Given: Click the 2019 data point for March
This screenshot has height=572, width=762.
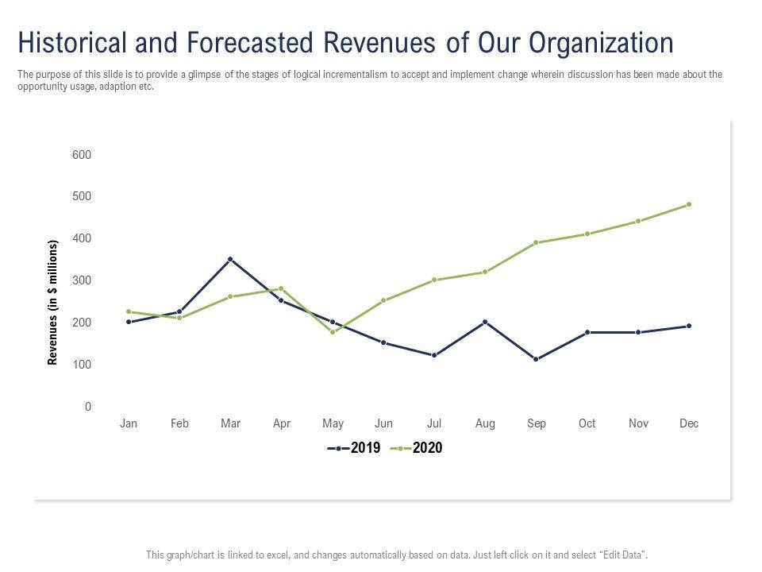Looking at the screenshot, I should (230, 259).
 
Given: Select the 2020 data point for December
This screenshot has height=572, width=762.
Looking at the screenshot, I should (689, 204).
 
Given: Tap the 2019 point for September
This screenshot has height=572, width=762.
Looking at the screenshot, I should (537, 359).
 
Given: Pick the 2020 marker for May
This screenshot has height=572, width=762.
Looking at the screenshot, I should (333, 332).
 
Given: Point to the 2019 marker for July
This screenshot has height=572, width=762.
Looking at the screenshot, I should (434, 355).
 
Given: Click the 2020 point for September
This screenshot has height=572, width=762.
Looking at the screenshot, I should (537, 242).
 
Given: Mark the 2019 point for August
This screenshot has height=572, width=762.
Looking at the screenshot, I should (485, 322).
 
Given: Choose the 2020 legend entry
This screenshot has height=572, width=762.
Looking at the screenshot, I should (418, 448).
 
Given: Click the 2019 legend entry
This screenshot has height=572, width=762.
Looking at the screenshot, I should (355, 448).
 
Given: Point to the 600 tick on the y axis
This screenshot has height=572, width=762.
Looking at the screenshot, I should (82, 155).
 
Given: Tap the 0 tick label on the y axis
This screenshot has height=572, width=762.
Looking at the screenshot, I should (88, 407).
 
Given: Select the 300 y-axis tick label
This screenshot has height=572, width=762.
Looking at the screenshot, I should (82, 280).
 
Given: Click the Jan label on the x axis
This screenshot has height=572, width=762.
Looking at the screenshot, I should (129, 423).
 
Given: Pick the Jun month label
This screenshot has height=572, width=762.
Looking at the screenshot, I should (383, 423).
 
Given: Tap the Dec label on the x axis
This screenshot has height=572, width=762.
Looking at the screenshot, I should (689, 423).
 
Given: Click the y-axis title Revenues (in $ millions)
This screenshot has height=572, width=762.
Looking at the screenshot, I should (53, 302).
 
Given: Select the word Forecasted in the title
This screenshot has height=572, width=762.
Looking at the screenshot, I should (239, 42).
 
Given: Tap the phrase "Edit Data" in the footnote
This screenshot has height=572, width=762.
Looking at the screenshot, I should (628, 554).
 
